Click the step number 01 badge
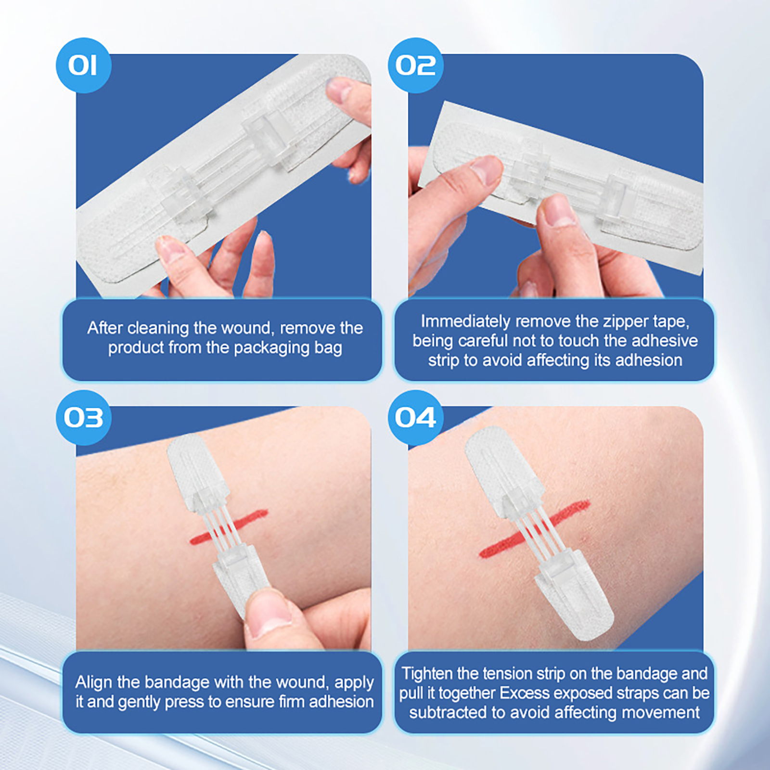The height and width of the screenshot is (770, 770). [x=83, y=65]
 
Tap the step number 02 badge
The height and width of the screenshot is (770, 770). [x=416, y=65]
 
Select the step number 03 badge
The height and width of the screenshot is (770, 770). [x=83, y=417]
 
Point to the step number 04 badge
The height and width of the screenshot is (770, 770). [x=416, y=417]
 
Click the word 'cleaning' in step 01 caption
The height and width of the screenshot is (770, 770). [x=158, y=329]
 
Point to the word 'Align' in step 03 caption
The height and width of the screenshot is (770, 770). [x=94, y=682]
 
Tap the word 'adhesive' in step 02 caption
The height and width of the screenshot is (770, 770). [x=665, y=341]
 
